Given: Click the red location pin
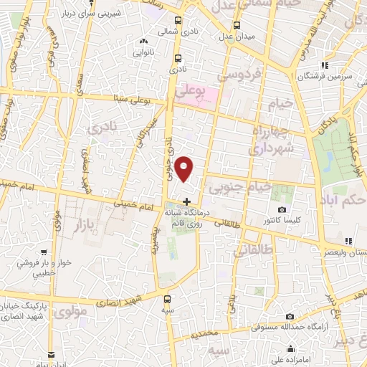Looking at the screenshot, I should point(186,169).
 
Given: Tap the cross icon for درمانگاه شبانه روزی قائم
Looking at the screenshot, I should point(187,201).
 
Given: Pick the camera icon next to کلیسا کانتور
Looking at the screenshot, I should point(282,210).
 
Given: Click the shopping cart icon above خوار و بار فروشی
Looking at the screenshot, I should point(44,252).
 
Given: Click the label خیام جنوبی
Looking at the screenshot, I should point(239,186).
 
